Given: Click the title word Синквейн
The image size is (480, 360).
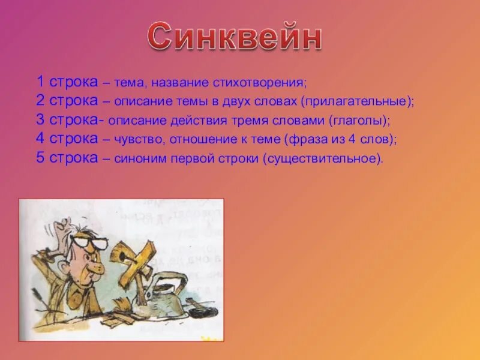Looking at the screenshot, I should tap(235, 37).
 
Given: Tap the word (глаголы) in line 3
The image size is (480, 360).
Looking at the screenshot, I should tap(359, 120).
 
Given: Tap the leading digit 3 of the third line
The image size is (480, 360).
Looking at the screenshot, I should tap(40, 120).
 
